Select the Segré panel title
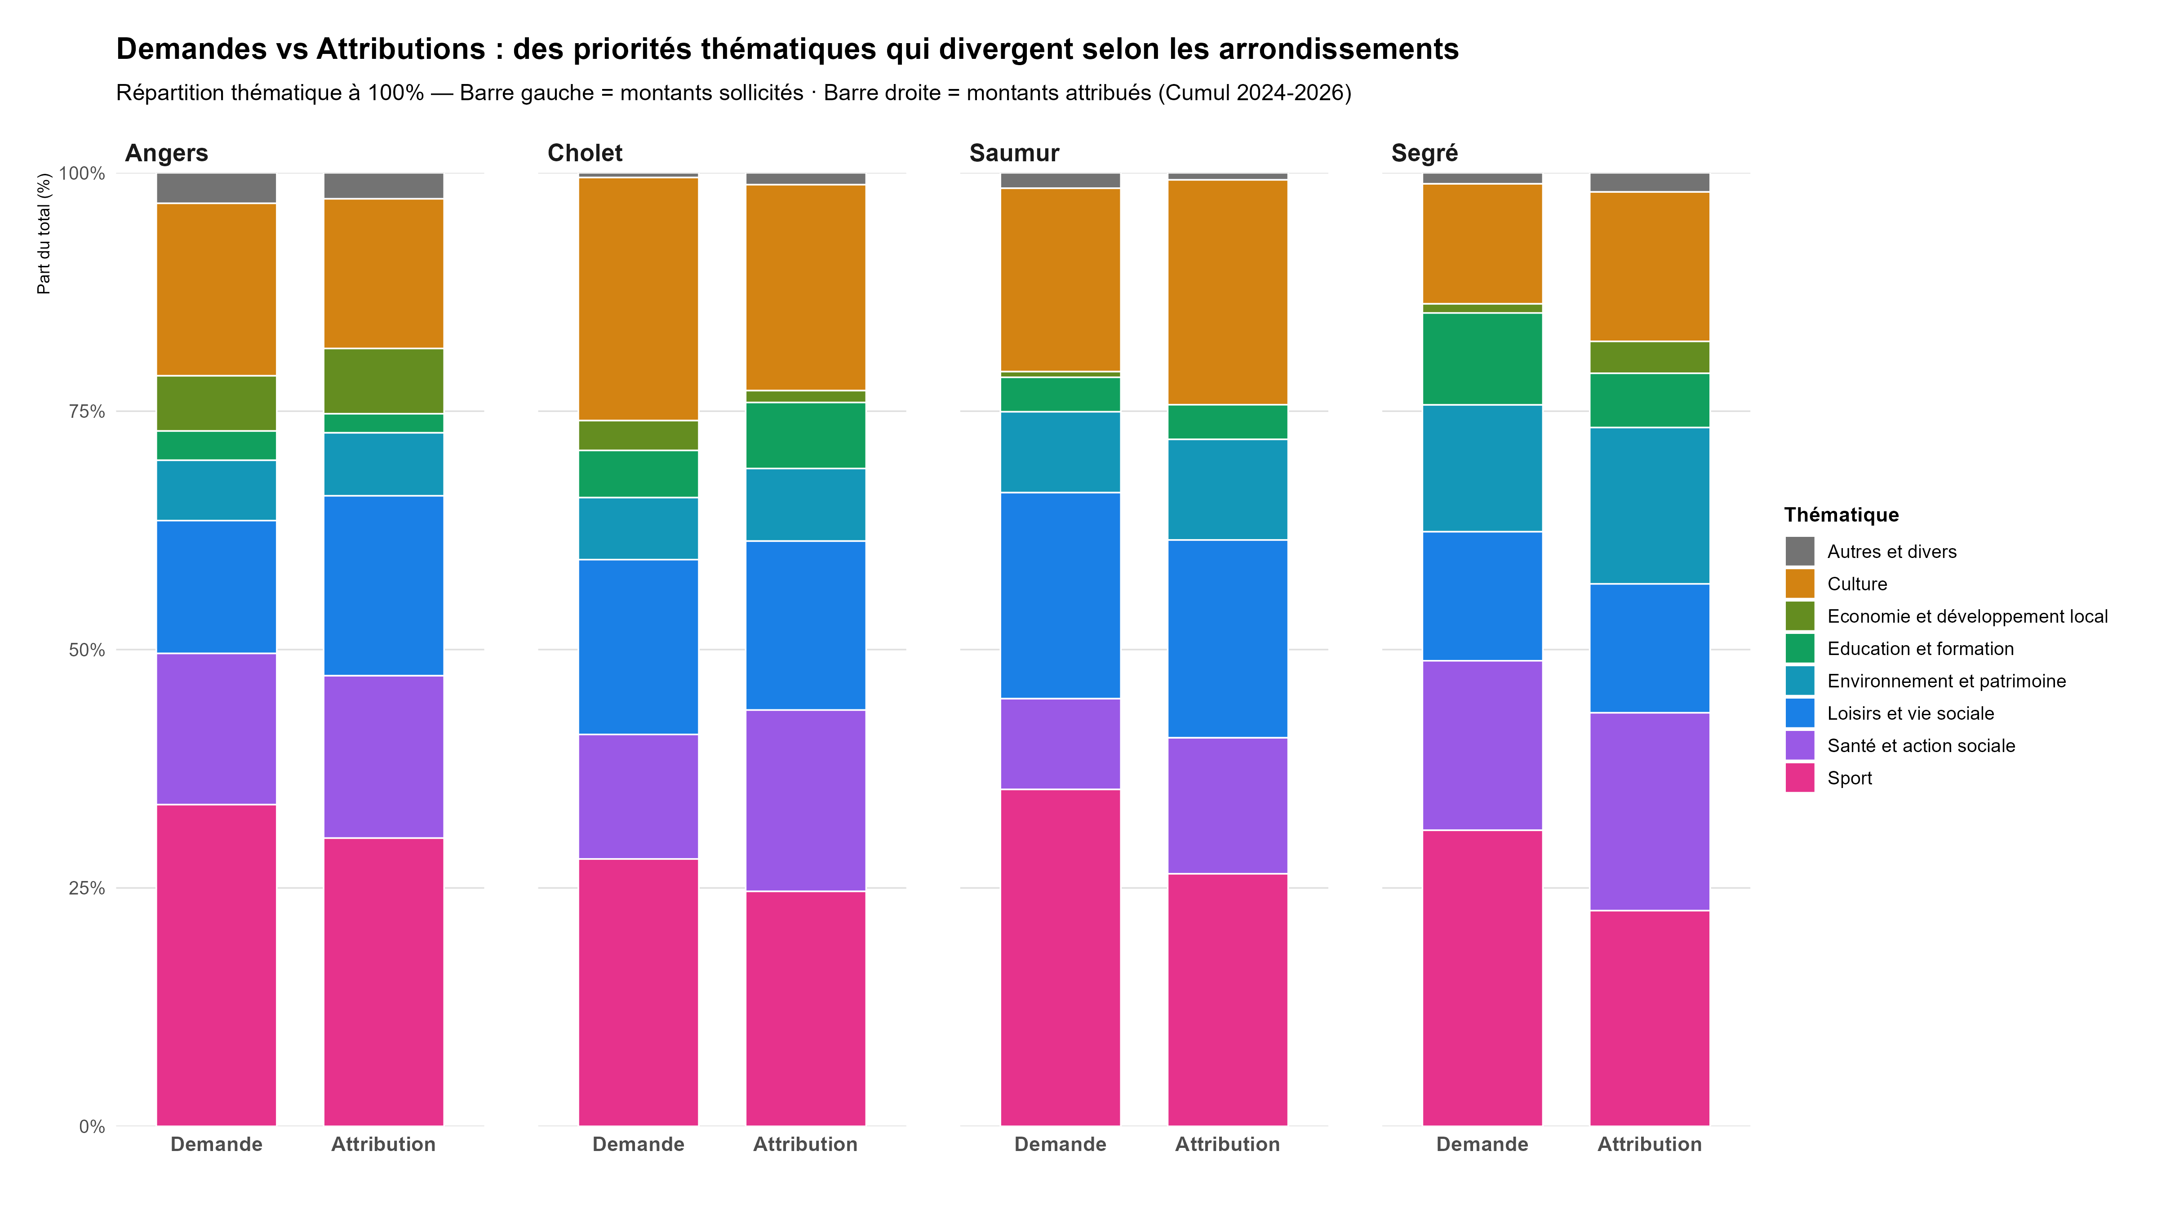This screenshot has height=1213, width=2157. [1425, 153]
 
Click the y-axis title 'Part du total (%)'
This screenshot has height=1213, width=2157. [44, 234]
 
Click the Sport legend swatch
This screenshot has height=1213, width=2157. [1799, 778]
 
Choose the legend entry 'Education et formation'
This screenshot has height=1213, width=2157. [1920, 649]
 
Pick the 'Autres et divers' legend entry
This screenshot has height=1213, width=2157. [1891, 552]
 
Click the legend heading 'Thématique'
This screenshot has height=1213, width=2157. [1842, 515]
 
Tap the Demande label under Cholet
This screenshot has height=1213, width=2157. [638, 1144]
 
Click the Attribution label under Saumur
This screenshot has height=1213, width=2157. [1228, 1144]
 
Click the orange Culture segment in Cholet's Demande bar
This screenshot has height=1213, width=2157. [638, 299]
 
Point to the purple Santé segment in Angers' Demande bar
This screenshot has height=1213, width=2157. [216, 729]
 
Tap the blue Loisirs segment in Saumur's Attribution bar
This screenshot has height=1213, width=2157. [1228, 639]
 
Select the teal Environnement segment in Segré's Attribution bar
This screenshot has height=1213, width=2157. [1650, 505]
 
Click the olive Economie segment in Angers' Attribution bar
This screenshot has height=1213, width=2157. [383, 381]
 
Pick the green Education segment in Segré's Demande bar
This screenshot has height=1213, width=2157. [1482, 359]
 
